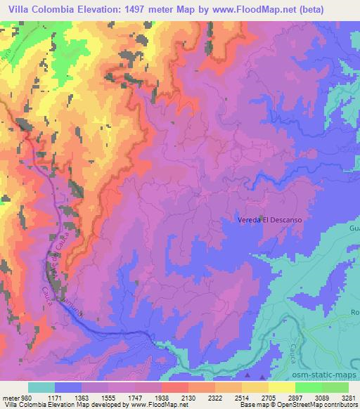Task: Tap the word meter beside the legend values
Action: click(x=11, y=397)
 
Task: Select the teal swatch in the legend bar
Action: click(x=41, y=387)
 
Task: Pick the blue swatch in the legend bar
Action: click(x=69, y=387)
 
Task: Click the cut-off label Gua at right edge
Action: click(x=354, y=228)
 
